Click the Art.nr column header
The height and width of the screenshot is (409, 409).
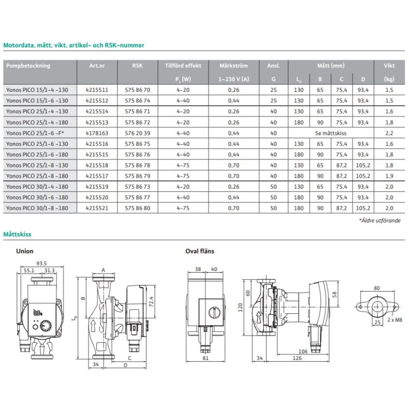[x=97, y=66]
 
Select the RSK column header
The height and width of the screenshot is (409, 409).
[x=137, y=66]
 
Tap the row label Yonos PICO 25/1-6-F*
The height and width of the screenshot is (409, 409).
[x=35, y=133]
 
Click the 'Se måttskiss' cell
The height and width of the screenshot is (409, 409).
[x=331, y=133]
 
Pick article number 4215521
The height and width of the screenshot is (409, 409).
[x=97, y=208]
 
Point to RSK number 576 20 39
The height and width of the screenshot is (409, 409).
[x=137, y=133]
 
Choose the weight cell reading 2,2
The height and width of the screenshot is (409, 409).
[x=389, y=133]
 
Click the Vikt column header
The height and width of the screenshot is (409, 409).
[x=389, y=66]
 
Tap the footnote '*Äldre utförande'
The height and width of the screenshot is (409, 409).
[x=380, y=220]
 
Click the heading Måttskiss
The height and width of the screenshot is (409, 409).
[x=17, y=234]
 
